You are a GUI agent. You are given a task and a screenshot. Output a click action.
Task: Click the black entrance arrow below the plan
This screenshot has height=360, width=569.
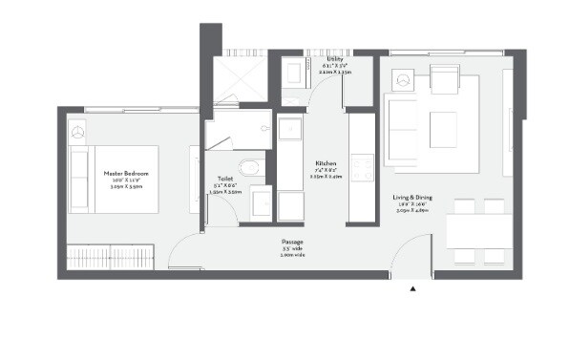tap(412, 286)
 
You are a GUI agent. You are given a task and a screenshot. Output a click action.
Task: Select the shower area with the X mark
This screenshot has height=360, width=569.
tap(236, 77)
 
